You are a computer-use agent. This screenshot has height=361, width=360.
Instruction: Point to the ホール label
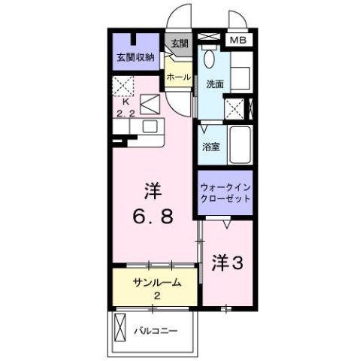(x=178, y=77)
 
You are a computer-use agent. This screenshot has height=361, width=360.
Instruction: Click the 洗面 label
(x=214, y=84)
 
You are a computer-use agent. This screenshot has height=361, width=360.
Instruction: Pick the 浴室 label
(x=211, y=147)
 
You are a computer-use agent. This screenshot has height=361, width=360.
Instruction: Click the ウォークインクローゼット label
(x=224, y=193)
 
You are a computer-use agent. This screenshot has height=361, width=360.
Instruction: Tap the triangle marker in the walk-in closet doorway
(x=226, y=221)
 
